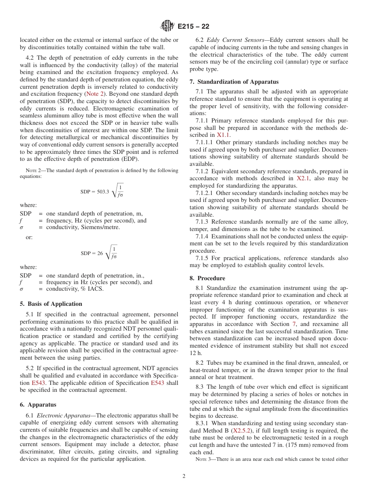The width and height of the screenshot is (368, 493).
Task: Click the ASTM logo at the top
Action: (x=168, y=26)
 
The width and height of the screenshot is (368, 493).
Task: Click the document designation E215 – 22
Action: (x=194, y=26)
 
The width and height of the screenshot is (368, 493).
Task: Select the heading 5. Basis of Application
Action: (x=51, y=304)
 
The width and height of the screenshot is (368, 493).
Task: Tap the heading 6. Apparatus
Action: (x=38, y=405)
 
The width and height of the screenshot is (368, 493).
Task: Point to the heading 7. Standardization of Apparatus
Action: (x=234, y=82)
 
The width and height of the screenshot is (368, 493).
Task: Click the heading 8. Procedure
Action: (x=207, y=278)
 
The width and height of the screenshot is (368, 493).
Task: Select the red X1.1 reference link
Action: (x=224, y=135)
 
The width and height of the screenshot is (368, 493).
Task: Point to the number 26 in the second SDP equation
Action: (x=100, y=253)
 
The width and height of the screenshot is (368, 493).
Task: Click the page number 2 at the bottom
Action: (x=184, y=476)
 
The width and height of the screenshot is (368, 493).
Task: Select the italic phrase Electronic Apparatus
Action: (x=63, y=415)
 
